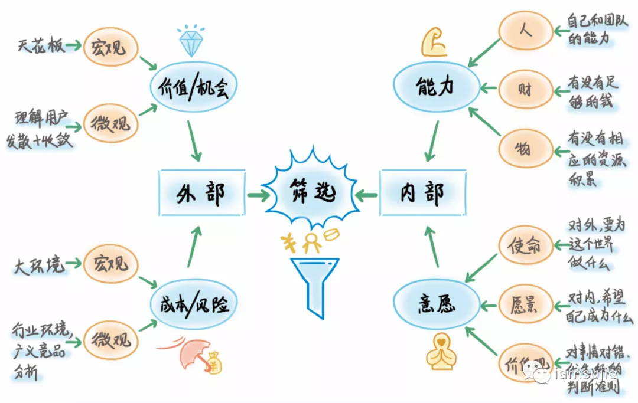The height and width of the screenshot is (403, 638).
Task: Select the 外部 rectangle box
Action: pos(201,193)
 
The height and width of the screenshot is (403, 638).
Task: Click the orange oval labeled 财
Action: pos(524,89)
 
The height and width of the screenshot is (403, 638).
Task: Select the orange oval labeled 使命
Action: pos(523,245)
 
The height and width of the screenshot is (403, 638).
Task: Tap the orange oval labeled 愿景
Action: pos(524,305)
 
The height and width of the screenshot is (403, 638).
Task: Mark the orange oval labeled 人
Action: pos(525,30)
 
